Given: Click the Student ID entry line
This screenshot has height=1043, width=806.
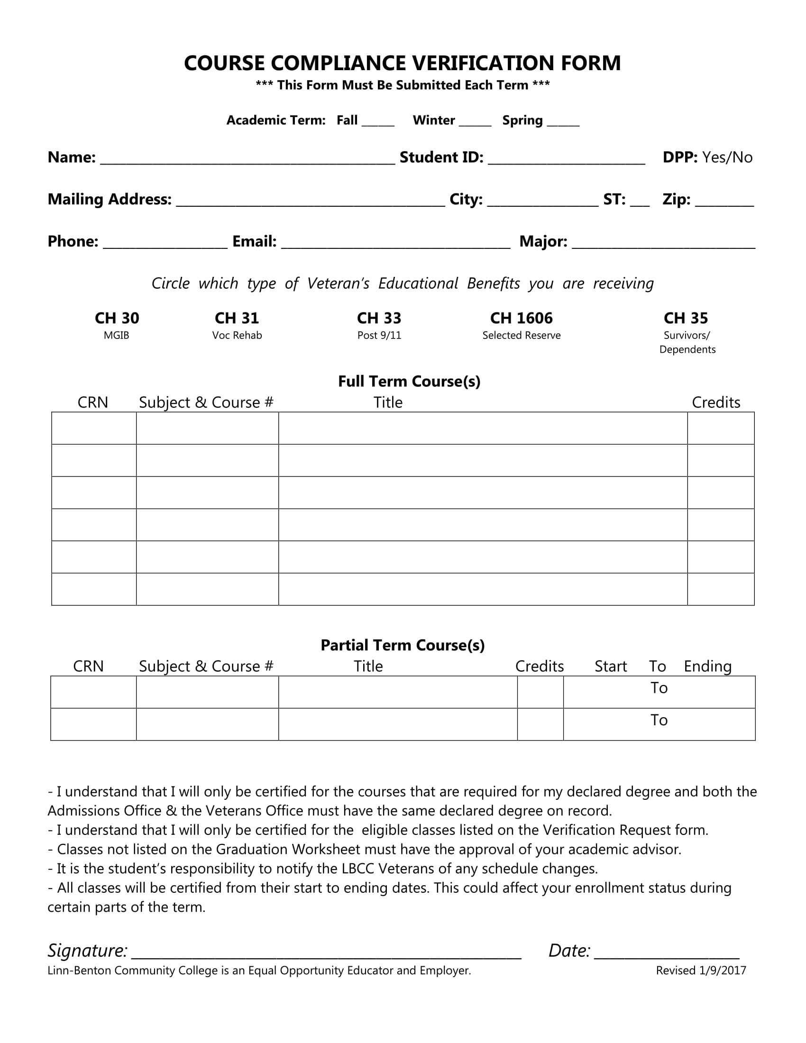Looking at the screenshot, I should coord(566,160).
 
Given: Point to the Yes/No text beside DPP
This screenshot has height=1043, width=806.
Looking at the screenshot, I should coord(727,157).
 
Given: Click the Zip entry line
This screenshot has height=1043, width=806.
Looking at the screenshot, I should coord(724,202).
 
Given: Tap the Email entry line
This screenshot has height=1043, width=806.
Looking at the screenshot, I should coord(396,244).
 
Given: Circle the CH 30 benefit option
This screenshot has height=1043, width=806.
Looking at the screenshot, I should coord(117,318).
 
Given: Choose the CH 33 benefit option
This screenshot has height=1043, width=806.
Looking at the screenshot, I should coord(379,318).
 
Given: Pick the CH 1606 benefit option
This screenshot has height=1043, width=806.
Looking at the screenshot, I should coord(522,318).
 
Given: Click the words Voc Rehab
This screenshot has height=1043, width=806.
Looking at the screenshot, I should coord(237,335).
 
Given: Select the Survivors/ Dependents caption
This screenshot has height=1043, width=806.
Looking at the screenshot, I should coord(687,342).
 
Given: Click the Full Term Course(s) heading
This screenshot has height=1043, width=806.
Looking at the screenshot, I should coord(409,381).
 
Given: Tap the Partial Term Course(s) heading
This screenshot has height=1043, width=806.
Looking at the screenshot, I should coord(403,645).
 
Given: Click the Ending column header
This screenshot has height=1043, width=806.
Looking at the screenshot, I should coord(708,666).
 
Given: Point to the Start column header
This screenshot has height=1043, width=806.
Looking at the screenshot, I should coord(610,666).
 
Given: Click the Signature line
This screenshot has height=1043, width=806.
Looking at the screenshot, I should coord(326,954).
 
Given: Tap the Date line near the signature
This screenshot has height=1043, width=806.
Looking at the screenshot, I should coord(667,954).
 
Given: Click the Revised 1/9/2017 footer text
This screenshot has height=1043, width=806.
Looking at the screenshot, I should coord(700,970).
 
